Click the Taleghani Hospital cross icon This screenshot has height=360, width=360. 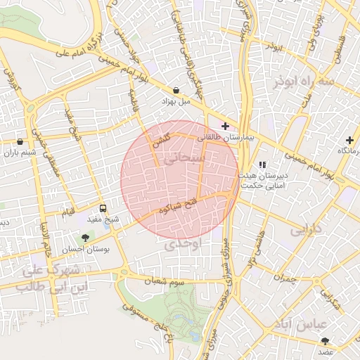(x=225, y=126)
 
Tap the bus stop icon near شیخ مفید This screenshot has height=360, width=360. (x=103, y=208)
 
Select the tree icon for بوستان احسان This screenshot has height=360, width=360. (x=86, y=238)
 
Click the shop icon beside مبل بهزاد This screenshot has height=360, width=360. (x=175, y=90)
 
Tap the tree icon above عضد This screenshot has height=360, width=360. (x=324, y=340)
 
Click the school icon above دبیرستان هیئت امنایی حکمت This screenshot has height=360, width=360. (x=262, y=165)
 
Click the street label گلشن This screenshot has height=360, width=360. (x=161, y=141)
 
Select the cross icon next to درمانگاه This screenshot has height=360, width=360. (x=349, y=140)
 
